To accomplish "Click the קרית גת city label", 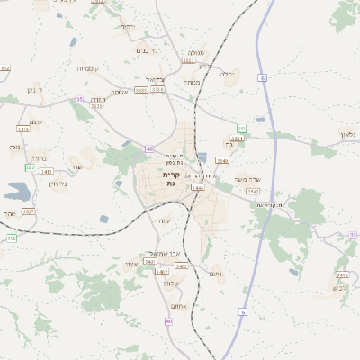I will pyautogui.click(x=171, y=178).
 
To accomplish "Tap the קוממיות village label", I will pyautogui.click(x=94, y=68).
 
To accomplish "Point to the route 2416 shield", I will pyautogui.click(x=23, y=130).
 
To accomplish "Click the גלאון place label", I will pyautogui.click(x=348, y=134).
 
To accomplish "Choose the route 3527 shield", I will pyautogui.click(x=28, y=211).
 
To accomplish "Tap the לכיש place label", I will pyautogui.click(x=339, y=287).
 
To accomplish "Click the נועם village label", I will pyautogui.click(x=215, y=273).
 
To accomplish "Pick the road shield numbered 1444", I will pyautogui.click(x=198, y=188).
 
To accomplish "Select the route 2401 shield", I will pyautogui.click(x=181, y=266).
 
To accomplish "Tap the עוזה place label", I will pyautogui.click(x=164, y=221).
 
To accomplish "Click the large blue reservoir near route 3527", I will pyautogui.click(x=15, y=191).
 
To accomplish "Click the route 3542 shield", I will pyautogui.click(x=253, y=191).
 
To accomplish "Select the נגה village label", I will pyautogui.click(x=14, y=147).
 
